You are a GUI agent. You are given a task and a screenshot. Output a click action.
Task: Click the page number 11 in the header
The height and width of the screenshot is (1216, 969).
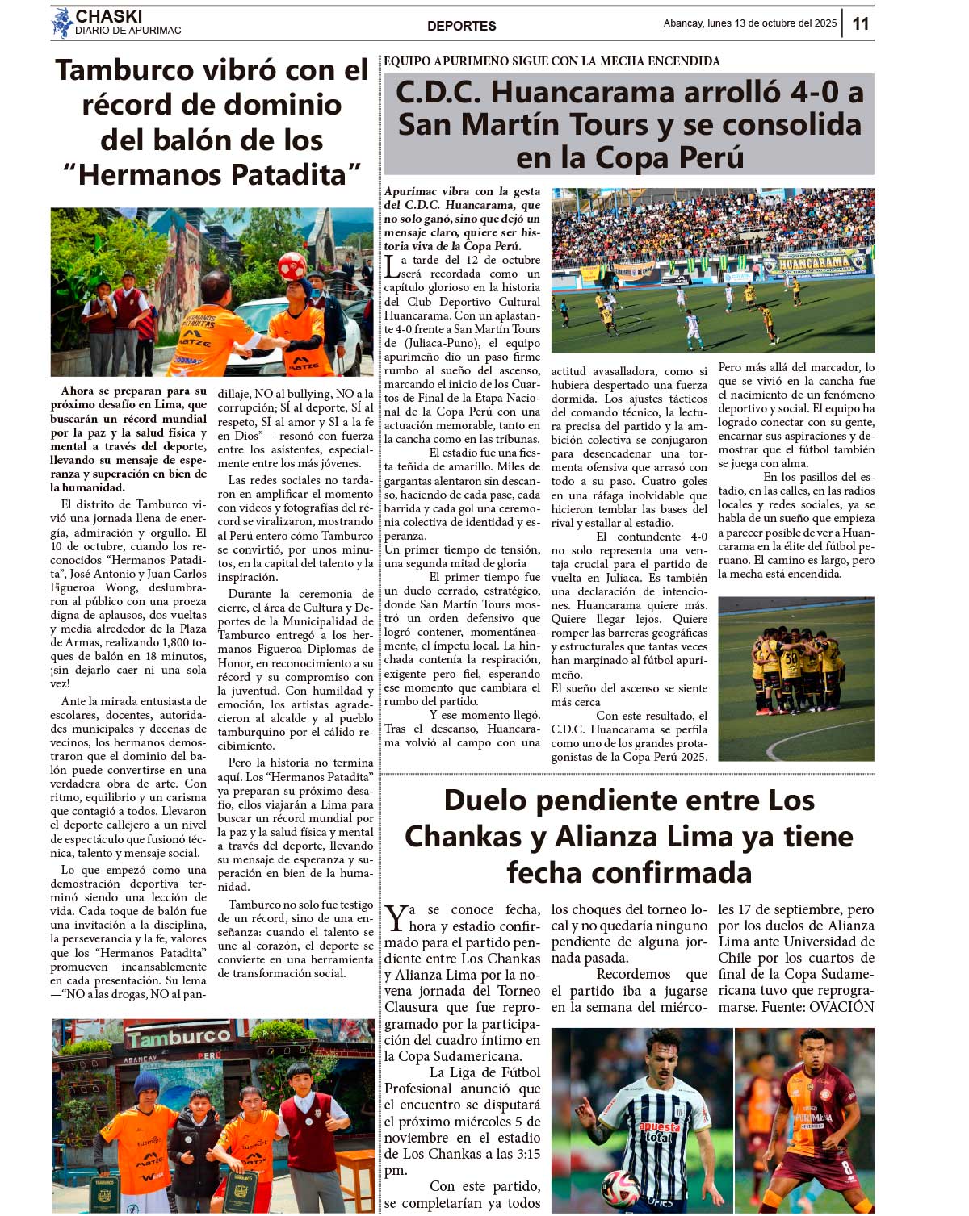point(861,23)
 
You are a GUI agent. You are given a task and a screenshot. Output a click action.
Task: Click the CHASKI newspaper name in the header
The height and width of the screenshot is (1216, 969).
point(108,16)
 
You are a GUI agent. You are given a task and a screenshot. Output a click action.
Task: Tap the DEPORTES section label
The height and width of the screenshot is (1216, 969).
point(461,26)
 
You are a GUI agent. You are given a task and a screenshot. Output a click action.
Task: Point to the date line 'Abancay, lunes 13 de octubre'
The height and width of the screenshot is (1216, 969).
point(749,23)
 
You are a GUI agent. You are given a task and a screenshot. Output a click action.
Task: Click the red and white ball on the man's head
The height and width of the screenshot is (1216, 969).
point(292,265)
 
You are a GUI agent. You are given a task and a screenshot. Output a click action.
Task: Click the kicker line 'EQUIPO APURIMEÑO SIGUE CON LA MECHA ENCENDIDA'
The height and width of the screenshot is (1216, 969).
point(552,61)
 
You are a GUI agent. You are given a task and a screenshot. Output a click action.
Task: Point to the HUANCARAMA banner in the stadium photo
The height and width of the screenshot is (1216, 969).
point(814,263)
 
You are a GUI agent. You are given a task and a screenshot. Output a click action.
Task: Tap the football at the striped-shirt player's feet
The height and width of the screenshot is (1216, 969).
point(619,1189)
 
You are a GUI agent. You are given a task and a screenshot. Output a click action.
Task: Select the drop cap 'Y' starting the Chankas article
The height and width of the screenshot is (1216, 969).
point(396,918)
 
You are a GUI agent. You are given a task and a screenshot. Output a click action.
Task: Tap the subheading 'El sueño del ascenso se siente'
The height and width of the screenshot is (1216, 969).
point(629,688)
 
